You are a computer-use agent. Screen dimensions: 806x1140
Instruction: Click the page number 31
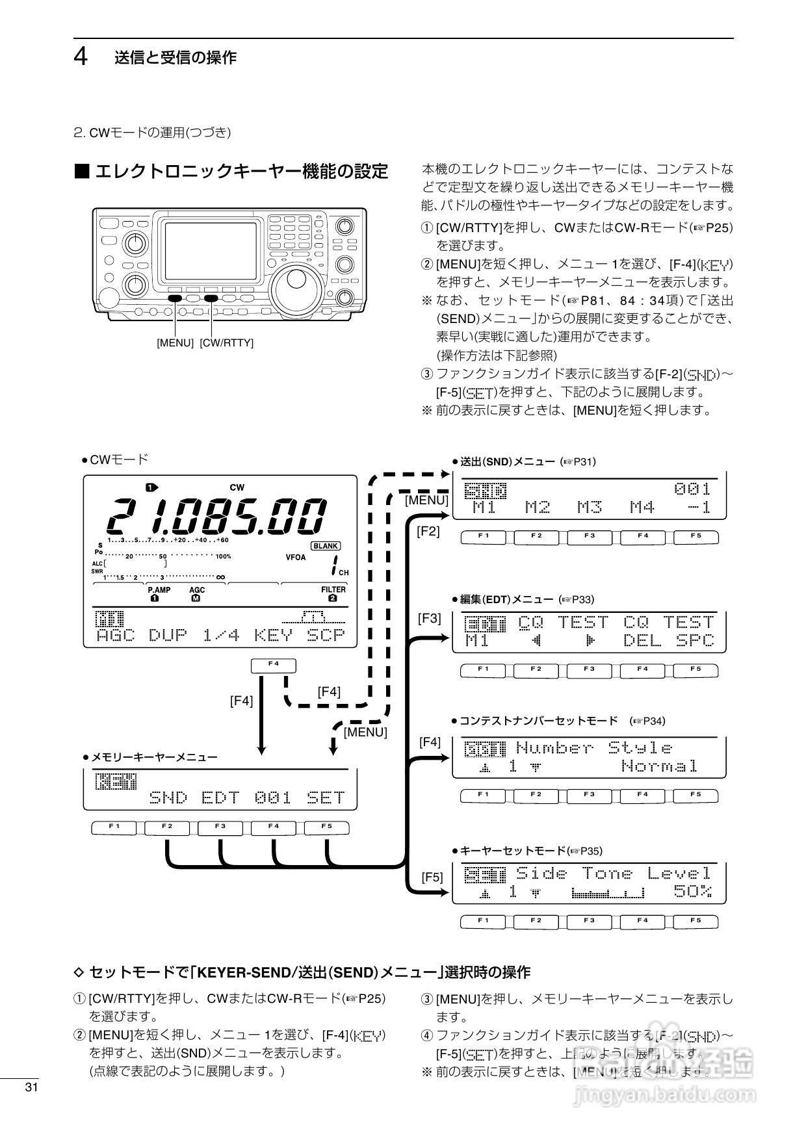pyautogui.click(x=32, y=1087)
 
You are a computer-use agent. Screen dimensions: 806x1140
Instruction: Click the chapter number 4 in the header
pyautogui.click(x=81, y=57)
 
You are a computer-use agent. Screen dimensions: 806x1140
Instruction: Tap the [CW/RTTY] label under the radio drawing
pyautogui.click(x=226, y=343)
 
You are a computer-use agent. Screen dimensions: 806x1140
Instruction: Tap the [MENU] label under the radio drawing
pyautogui.click(x=175, y=343)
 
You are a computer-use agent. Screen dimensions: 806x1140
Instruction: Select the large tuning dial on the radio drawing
pyautogui.click(x=296, y=282)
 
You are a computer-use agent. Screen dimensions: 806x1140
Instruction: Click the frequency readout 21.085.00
pyautogui.click(x=216, y=516)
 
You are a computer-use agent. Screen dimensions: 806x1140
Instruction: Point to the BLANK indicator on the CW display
pyautogui.click(x=325, y=546)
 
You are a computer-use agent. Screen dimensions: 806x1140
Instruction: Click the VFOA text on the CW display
pyautogui.click(x=295, y=557)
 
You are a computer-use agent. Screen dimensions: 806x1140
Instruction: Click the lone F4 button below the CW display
pyautogui.click(x=273, y=665)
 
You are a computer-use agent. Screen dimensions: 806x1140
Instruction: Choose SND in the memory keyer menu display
pyautogui.click(x=168, y=797)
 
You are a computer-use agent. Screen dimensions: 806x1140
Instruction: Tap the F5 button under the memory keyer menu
pyautogui.click(x=326, y=827)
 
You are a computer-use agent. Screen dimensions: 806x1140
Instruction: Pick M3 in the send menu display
pyautogui.click(x=590, y=507)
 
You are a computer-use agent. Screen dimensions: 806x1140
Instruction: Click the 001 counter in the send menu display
pyautogui.click(x=692, y=489)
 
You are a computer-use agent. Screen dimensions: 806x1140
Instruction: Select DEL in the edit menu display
pyautogui.click(x=642, y=641)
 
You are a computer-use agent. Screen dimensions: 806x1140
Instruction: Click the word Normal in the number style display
pyautogui.click(x=659, y=766)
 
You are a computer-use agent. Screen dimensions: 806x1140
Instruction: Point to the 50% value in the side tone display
pyautogui.click(x=692, y=891)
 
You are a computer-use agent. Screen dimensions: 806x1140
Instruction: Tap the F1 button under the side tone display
pyautogui.click(x=483, y=921)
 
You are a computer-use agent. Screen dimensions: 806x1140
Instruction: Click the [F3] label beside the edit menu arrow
pyautogui.click(x=429, y=618)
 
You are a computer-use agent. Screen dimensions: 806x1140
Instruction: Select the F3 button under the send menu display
pyautogui.click(x=589, y=537)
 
